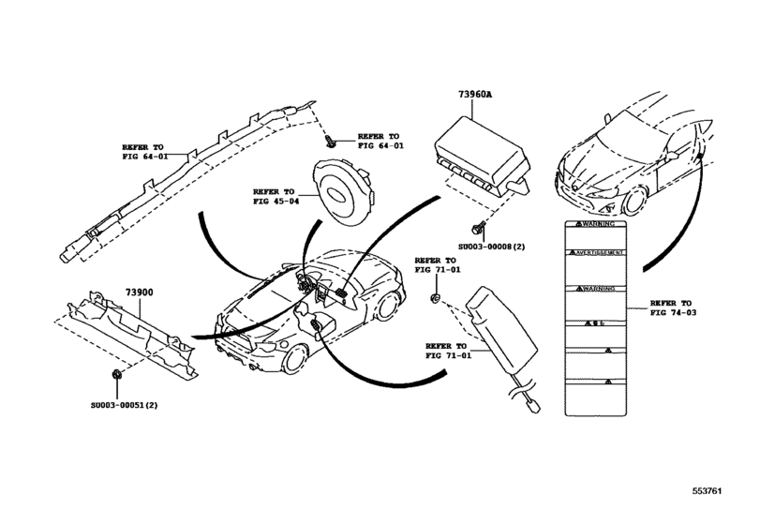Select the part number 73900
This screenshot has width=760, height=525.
click(139, 292)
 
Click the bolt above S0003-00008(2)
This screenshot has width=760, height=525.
click(480, 227)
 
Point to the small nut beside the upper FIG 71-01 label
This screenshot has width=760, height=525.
click(437, 299)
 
